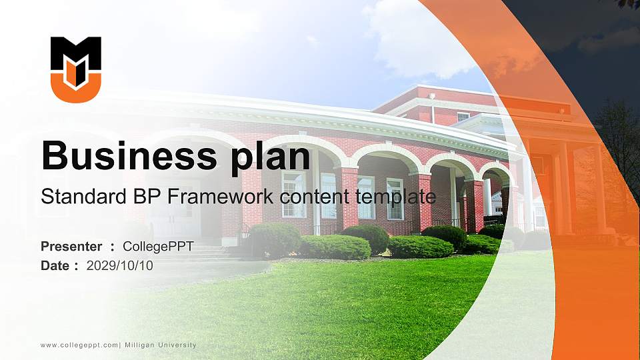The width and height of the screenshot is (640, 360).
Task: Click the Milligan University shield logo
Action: click(x=76, y=69)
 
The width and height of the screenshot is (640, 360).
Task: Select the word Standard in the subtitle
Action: click(x=73, y=197)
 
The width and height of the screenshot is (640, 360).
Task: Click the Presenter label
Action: click(x=71, y=247)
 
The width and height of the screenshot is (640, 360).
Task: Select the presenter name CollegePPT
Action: click(x=158, y=247)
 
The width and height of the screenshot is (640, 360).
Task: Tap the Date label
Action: click(x=55, y=265)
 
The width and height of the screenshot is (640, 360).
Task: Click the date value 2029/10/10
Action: click(x=120, y=265)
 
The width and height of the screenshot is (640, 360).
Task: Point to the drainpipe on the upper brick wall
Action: click(x=433, y=108)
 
